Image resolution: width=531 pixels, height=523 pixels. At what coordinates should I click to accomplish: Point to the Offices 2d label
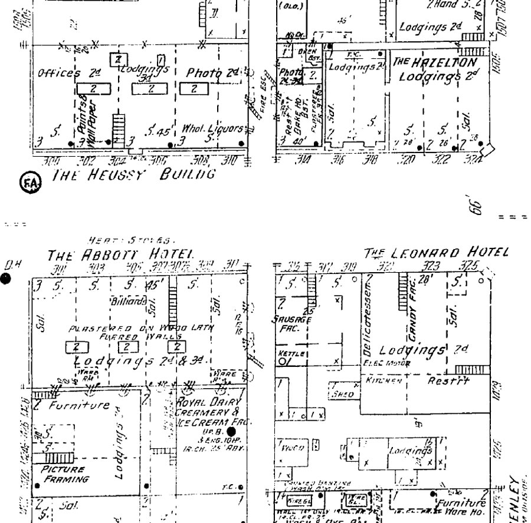61,74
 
